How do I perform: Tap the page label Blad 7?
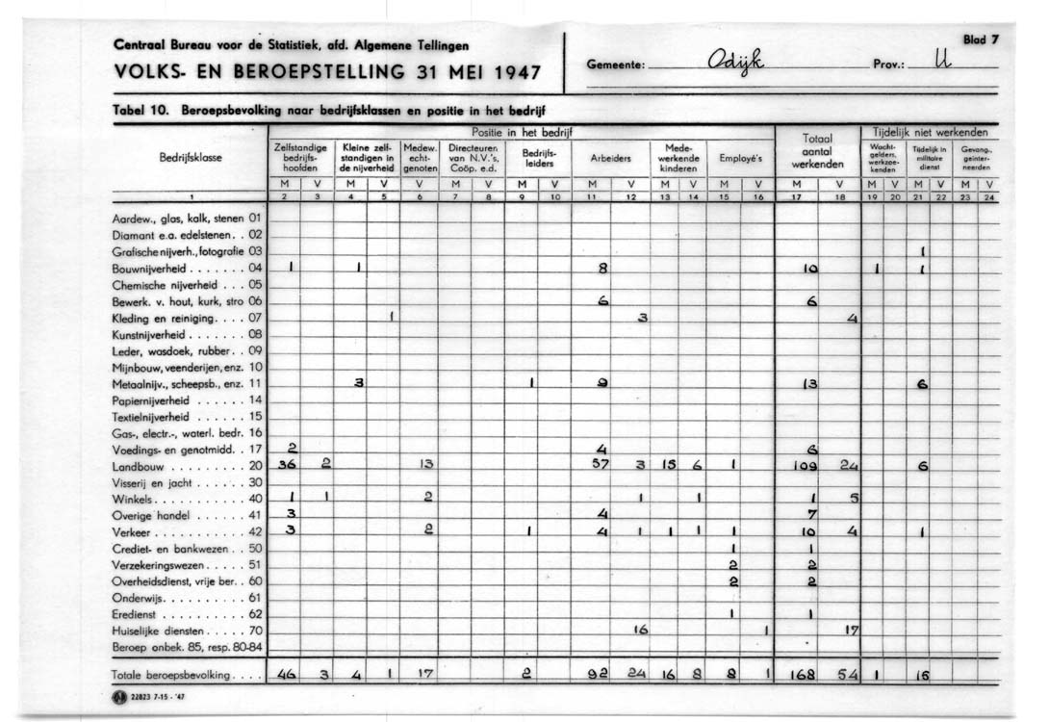tap(982, 39)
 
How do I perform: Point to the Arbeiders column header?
tap(610, 158)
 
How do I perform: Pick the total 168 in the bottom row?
tap(803, 675)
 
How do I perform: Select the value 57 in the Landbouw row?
tap(601, 466)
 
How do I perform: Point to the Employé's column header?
tap(740, 158)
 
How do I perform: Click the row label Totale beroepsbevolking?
tap(170, 675)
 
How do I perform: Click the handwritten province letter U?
tap(939, 64)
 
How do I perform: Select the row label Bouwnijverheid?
tap(147, 269)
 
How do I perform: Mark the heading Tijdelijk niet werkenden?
tap(930, 131)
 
